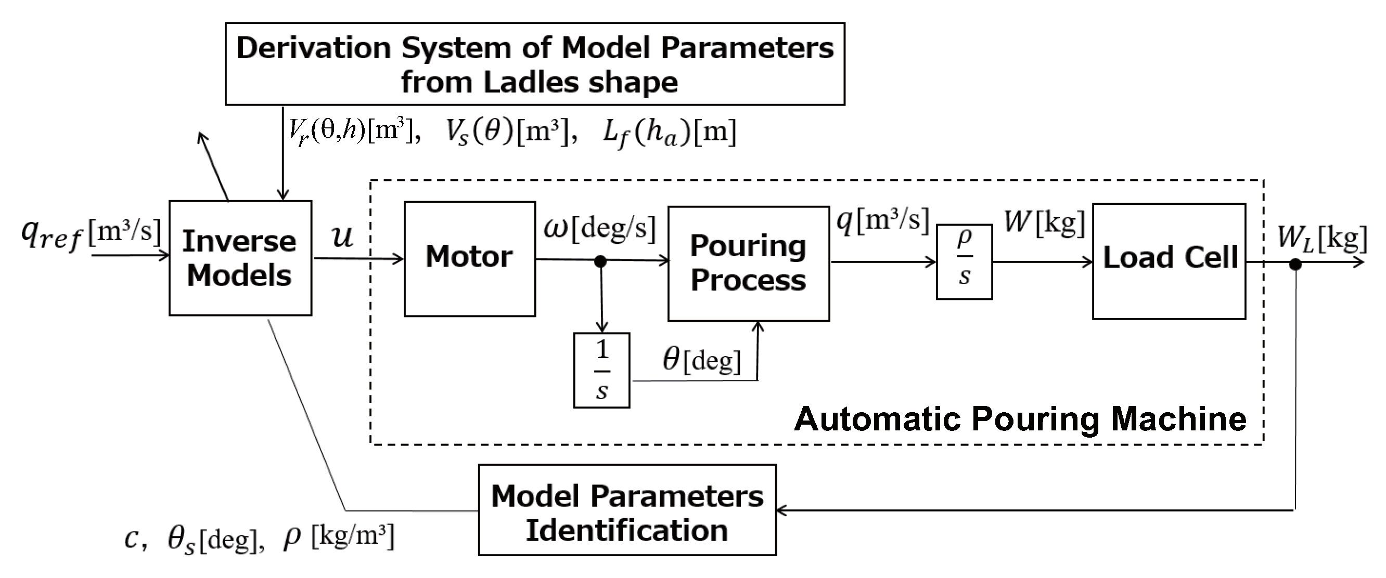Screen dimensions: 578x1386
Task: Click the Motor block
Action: pos(469,259)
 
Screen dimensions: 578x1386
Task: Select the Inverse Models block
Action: pos(240,258)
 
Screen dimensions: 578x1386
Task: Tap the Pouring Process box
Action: pos(749,264)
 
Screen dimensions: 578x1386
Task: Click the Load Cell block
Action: pos(1169,261)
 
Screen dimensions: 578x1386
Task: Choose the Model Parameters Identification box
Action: pos(627,510)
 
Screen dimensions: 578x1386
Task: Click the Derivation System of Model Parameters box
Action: pos(535,63)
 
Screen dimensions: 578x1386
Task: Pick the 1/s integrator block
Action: pos(601,371)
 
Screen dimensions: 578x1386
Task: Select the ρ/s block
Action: pos(964,262)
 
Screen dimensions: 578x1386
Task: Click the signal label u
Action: pos(343,236)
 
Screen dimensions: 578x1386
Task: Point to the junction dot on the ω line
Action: pos(600,261)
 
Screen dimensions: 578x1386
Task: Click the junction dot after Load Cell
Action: pos(1295,264)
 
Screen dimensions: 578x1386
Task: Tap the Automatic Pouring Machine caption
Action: pos(1020,419)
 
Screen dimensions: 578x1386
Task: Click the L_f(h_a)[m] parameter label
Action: pos(669,132)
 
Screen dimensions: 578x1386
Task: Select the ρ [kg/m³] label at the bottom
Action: pos(338,536)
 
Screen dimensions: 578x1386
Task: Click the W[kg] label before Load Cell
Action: pos(1044,221)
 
